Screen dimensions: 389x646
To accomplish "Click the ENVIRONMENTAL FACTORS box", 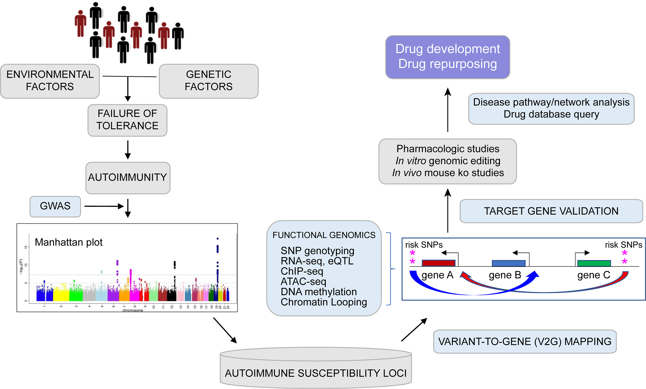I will click(50, 81).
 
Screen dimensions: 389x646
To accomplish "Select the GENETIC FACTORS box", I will click(209, 81).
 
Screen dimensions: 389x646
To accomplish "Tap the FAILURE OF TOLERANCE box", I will click(127, 120).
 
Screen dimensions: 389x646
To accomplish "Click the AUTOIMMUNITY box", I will click(128, 178).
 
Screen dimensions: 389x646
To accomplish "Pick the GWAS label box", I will click(55, 206).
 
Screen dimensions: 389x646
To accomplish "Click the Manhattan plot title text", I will click(69, 242).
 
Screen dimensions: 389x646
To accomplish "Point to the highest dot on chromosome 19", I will click(218, 239).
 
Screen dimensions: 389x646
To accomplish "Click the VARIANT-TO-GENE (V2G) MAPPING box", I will click(525, 341).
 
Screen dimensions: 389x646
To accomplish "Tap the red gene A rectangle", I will click(438, 263).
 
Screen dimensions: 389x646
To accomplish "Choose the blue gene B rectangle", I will click(508, 263).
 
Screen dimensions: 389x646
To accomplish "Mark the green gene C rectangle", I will click(594, 263).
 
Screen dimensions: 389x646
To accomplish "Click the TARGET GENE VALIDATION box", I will click(551, 211).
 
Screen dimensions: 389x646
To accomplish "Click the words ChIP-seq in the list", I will click(302, 271).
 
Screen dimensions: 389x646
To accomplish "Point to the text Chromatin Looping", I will click(324, 302).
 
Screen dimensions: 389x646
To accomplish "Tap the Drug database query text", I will click(551, 114).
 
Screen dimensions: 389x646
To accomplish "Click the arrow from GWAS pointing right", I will click(104, 206).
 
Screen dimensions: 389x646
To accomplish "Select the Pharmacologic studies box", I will click(448, 161).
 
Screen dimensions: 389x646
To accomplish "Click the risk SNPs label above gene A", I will click(424, 245).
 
